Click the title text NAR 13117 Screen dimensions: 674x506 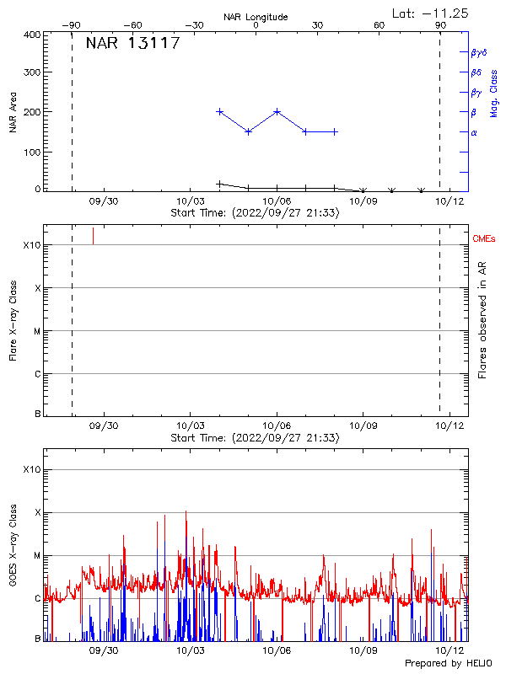[x=133, y=44]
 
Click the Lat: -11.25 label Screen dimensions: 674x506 [x=431, y=13]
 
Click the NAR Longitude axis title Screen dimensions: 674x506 [x=256, y=17]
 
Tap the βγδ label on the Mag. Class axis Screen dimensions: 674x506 [x=479, y=52]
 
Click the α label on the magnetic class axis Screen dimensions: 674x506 [x=474, y=133]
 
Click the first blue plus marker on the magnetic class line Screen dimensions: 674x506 [x=220, y=111]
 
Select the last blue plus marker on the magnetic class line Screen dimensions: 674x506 [x=335, y=131]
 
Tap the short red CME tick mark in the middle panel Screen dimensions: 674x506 [x=93, y=236]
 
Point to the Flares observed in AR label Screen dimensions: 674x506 [x=482, y=320]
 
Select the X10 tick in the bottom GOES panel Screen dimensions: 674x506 [x=32, y=469]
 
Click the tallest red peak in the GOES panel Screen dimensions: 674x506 [x=186, y=511]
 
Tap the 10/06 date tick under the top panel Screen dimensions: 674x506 [x=277, y=202]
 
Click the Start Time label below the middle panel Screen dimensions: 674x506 [x=256, y=438]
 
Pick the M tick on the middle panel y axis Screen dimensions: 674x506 [x=37, y=331]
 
